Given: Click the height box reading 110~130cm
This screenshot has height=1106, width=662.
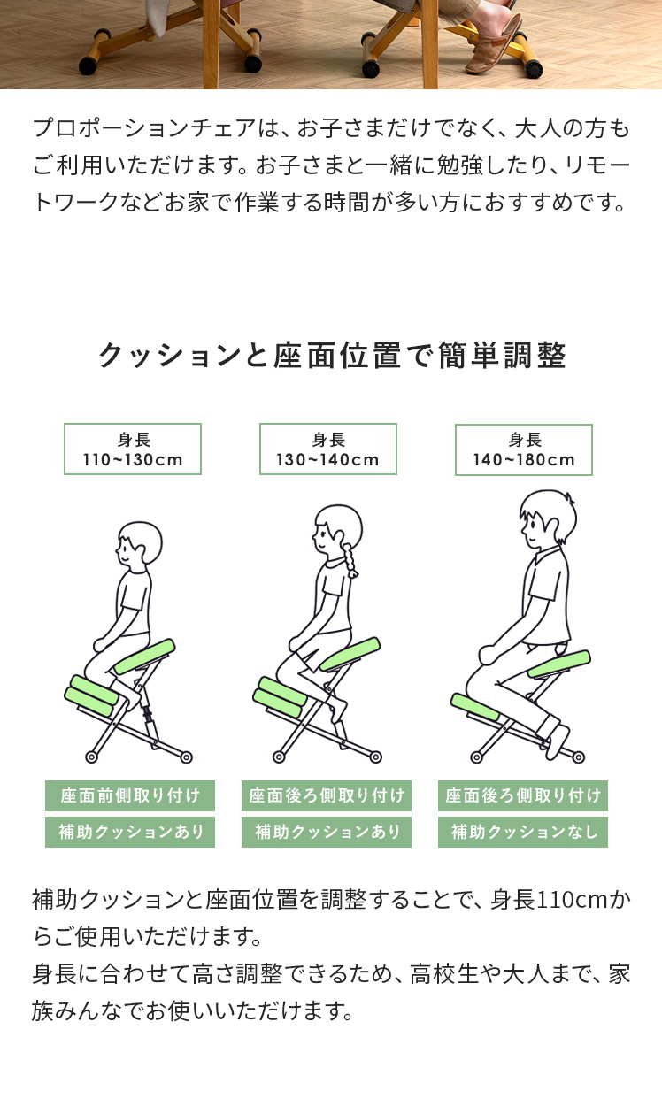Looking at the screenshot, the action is (x=133, y=449).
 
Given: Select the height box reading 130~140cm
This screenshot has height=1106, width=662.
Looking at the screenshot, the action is (x=328, y=449).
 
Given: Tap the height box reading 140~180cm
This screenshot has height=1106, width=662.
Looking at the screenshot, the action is (x=524, y=449).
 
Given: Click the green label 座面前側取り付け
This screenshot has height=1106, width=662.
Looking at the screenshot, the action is (x=130, y=795).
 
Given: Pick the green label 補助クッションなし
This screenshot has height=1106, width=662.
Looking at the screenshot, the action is (x=523, y=832).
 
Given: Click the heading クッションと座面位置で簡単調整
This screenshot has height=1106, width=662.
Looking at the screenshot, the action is (x=332, y=356).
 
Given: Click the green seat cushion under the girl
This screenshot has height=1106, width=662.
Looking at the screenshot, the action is (x=350, y=654).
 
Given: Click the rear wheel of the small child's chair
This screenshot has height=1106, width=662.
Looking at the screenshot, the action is (x=186, y=757).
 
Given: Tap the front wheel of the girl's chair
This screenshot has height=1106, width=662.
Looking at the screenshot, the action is (x=279, y=757).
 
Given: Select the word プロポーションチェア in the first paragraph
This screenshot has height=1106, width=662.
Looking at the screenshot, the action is (x=144, y=128).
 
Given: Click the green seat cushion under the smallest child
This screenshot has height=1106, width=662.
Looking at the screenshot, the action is (x=144, y=657).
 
